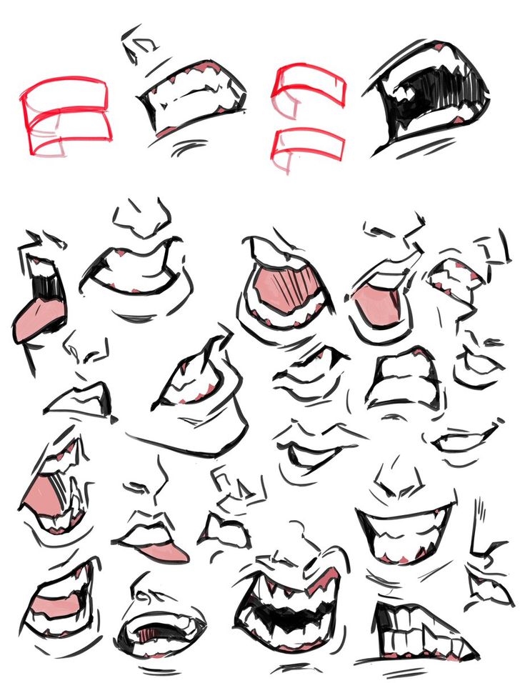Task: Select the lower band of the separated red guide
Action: point(309,144)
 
